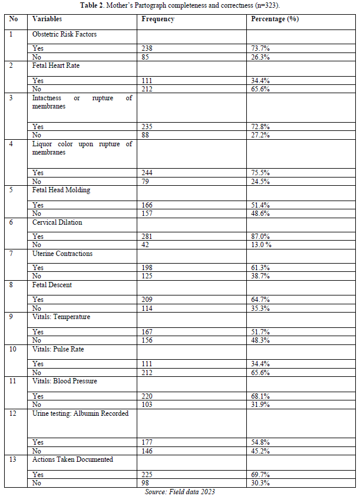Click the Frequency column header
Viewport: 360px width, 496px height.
(158, 19)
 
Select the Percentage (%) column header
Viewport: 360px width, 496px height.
(275, 19)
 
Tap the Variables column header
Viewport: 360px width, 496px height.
(47, 19)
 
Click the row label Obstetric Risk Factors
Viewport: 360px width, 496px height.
(64, 34)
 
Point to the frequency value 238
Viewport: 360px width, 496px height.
(147, 48)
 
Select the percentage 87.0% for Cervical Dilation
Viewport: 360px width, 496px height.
(261, 236)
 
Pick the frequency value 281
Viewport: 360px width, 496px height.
(147, 236)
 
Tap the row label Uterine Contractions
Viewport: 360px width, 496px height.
(62, 254)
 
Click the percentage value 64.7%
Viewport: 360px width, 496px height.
(261, 300)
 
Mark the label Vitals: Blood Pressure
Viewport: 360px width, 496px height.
(64, 381)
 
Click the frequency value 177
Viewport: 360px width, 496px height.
(147, 442)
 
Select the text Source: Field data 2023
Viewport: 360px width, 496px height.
(180, 491)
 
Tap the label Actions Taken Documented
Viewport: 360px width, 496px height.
(72, 459)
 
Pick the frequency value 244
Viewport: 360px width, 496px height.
(147, 173)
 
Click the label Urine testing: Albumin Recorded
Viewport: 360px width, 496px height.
(80, 413)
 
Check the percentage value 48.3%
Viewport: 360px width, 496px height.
(261, 340)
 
